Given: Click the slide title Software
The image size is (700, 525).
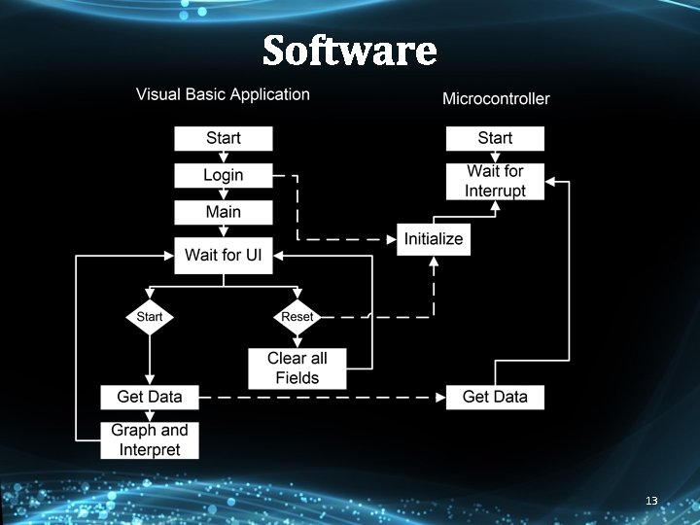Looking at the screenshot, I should pyautogui.click(x=349, y=50).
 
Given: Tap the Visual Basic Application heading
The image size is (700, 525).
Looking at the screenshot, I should pyautogui.click(x=223, y=94).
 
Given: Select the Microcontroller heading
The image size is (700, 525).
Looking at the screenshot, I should pyautogui.click(x=496, y=98).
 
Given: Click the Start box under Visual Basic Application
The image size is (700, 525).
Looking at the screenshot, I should pyautogui.click(x=224, y=139).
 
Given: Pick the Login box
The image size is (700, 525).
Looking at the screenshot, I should pyautogui.click(x=224, y=176).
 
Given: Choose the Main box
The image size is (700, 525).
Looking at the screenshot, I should pyautogui.click(x=224, y=212).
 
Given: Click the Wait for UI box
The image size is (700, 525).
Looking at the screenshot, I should pyautogui.click(x=224, y=256).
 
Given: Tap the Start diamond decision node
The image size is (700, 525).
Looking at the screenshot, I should pyautogui.click(x=150, y=317).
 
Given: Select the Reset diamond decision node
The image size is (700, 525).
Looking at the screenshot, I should pyautogui.click(x=297, y=317).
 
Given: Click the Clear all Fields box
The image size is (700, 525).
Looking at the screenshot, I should pyautogui.click(x=297, y=368).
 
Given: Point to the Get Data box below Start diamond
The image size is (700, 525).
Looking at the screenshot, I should pyautogui.click(x=150, y=397).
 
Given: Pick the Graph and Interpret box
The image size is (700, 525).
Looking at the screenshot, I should pyautogui.click(x=150, y=439).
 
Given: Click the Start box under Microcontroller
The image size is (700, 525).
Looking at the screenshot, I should pyautogui.click(x=495, y=139).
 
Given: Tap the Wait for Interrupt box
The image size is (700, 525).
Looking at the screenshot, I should pyautogui.click(x=495, y=182).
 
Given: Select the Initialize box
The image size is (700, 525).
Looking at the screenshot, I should pyautogui.click(x=434, y=239).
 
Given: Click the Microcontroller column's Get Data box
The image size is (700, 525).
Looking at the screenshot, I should pyautogui.click(x=495, y=397).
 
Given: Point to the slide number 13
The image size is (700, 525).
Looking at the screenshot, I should pyautogui.click(x=651, y=501).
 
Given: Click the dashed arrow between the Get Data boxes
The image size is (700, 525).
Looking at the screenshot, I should pyautogui.click(x=321, y=397).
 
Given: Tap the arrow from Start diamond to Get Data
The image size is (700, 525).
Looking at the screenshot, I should pyautogui.click(x=150, y=360).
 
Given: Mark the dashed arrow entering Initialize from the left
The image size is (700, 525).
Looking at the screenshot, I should pyautogui.click(x=350, y=239).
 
